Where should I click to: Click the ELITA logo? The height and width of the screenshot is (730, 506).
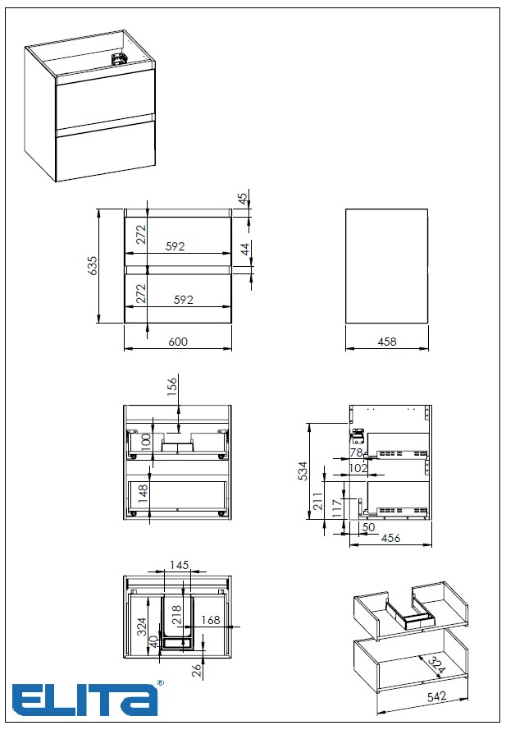pos(84,700)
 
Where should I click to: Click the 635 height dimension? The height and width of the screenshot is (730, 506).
pos(93,265)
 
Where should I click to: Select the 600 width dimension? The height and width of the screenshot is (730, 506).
pos(178,342)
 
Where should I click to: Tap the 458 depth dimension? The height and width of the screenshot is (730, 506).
pos(387,342)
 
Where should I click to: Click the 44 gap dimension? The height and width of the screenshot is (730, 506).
pos(245,248)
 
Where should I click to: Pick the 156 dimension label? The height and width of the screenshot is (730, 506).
pos(172,387)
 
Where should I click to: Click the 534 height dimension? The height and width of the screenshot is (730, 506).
pos(303,471)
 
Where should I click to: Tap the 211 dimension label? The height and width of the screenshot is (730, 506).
pos(318,501)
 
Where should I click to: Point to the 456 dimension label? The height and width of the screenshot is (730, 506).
pos(390,538)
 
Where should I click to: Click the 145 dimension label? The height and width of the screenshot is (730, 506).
pos(179,565)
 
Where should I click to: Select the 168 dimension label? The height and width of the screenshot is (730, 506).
pos(211,620)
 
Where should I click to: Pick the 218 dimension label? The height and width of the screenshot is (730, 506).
pos(176,615)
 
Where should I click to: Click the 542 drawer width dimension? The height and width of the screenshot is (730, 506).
pos(437,696)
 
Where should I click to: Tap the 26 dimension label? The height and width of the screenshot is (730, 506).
pos(197,670)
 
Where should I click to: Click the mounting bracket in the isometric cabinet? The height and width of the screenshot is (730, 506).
pos(118,59)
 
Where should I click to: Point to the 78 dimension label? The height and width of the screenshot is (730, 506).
pos(356,452)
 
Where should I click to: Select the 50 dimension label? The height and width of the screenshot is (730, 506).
pos(368,527)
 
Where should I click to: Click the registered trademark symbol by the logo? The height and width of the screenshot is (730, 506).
pos(161,683)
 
